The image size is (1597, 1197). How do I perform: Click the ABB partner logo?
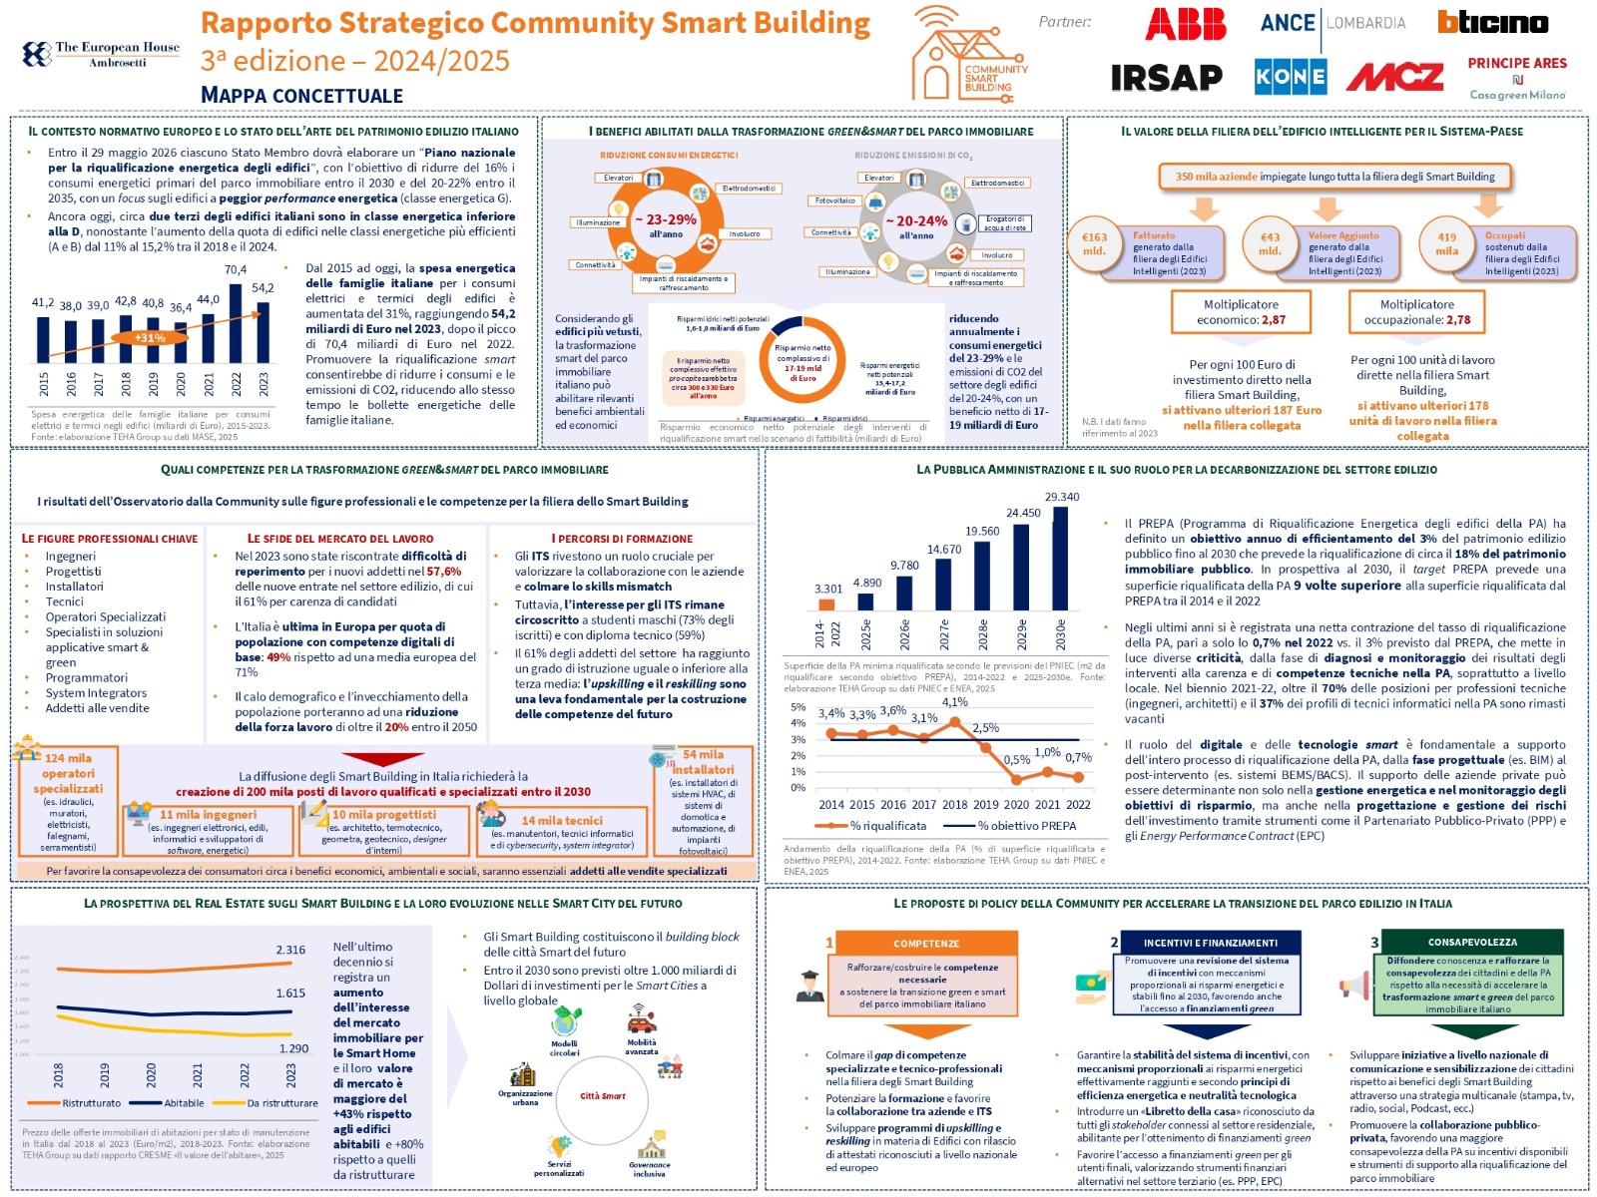point(1185,24)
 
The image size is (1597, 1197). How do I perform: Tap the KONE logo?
point(1291,76)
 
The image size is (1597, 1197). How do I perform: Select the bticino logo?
point(1492,22)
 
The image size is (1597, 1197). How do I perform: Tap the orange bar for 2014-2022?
point(826,603)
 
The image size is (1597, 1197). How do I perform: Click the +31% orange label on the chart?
point(150,338)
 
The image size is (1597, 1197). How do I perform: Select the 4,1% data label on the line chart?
point(954,701)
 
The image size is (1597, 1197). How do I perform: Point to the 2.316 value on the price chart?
point(290,950)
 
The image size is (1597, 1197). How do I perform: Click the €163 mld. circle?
point(1095,244)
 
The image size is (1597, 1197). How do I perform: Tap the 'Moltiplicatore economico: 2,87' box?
point(1241,312)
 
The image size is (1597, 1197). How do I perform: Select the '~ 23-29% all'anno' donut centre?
point(666,225)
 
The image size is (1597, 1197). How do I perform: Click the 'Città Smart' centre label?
point(603,1096)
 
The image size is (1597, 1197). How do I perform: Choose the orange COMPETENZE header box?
point(925,943)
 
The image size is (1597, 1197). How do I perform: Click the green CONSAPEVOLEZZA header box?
point(1472,942)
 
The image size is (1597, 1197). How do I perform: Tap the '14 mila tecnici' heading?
point(562,820)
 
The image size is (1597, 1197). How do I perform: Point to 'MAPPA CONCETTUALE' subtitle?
point(301,96)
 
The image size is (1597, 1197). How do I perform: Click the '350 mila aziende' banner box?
point(1334,177)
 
